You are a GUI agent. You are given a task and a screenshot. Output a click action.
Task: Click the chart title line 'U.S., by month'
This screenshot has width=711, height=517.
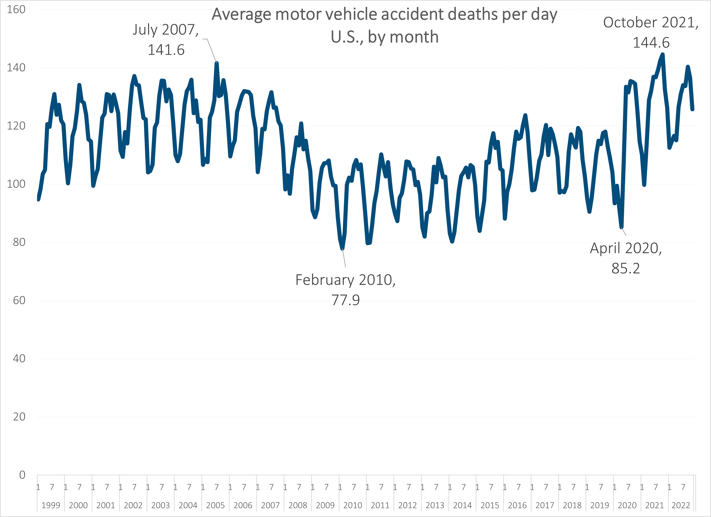coord(384,37)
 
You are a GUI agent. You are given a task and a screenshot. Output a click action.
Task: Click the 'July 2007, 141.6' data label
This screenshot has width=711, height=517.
coord(166,40)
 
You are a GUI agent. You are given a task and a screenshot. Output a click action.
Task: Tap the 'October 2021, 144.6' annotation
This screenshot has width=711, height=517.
coord(651,33)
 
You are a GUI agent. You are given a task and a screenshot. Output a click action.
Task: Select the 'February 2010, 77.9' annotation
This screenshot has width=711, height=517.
coord(345,290)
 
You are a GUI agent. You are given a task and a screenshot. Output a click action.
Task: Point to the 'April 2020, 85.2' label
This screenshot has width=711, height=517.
coord(626,258)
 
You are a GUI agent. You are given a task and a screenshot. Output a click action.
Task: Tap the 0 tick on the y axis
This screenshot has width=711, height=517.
coord(22,475)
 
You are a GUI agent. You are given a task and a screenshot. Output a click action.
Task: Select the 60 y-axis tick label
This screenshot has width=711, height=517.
coord(19,301)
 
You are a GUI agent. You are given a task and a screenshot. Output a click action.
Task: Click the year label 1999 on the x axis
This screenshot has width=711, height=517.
coord(51,505)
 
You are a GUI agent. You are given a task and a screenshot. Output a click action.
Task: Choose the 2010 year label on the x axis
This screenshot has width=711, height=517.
coord(353,505)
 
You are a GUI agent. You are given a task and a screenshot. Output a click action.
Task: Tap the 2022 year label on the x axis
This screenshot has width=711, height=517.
coord(681,505)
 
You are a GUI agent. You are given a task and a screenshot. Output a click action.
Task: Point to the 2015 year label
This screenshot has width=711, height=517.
coord(490,505)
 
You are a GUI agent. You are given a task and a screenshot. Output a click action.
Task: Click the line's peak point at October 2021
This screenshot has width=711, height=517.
coord(663,55)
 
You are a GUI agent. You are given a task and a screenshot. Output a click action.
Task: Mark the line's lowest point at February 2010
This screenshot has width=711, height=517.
coord(342,249)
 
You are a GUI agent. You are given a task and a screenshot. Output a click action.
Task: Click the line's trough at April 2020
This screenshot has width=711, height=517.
coord(621,227)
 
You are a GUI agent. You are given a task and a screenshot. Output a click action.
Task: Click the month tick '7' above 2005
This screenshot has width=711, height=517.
coord(217,487)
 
